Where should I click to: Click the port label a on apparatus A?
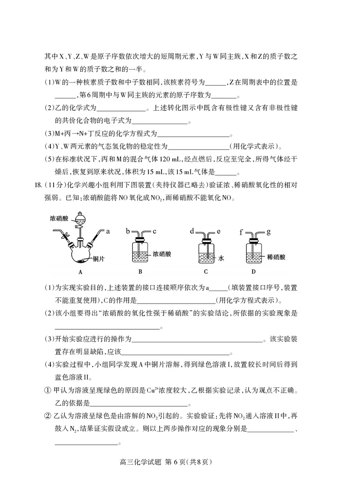click(108, 232)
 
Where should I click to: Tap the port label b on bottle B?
click(128, 232)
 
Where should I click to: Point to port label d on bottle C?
click(192, 232)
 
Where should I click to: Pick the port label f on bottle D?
click(241, 233)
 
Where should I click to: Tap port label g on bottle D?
click(268, 232)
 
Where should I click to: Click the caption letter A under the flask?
click(80, 272)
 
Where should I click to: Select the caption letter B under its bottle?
click(140, 272)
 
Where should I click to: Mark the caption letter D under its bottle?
click(253, 272)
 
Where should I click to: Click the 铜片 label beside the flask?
click(99, 259)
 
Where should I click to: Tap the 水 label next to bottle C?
click(221, 259)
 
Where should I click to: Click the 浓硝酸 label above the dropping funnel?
click(60, 218)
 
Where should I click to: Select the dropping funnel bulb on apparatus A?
click(81, 220)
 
